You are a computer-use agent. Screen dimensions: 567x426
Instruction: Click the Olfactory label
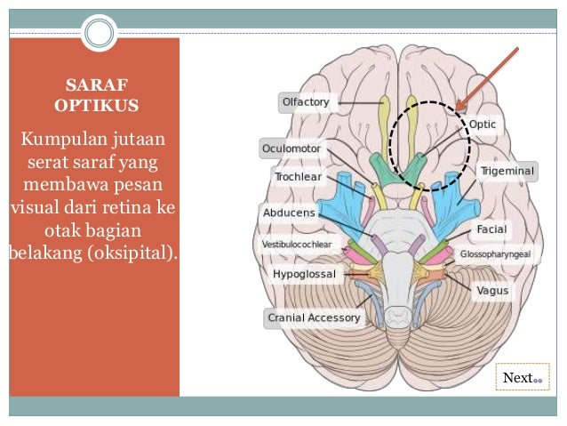306,102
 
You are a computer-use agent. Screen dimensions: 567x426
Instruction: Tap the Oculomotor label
291,147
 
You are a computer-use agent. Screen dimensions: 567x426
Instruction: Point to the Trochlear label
298,176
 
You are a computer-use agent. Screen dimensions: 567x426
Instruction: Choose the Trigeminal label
507,169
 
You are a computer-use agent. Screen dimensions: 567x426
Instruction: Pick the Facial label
491,229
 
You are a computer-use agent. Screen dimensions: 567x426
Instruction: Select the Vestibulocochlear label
297,244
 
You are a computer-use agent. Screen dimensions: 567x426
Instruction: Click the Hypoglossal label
304,274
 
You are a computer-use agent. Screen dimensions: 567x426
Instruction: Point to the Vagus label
492,290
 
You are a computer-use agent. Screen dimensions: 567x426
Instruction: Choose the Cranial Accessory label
314,317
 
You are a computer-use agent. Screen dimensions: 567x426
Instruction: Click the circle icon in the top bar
100,33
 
